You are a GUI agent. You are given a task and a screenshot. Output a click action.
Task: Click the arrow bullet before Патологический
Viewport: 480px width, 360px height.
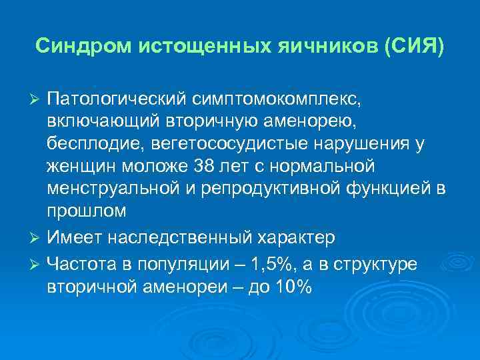click(x=37, y=99)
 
